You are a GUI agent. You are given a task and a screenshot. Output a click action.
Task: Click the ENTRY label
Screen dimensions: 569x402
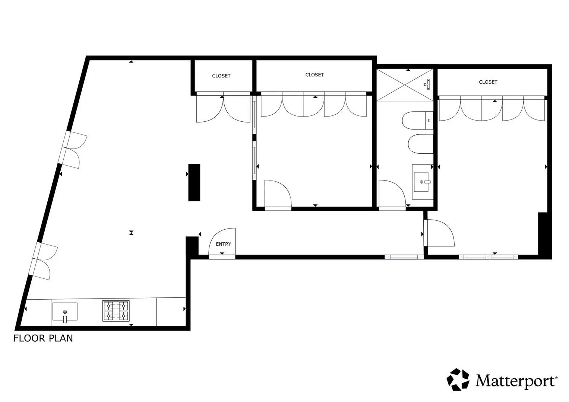[x=223, y=244]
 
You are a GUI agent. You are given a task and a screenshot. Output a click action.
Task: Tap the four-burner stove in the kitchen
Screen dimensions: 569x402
[x=116, y=311]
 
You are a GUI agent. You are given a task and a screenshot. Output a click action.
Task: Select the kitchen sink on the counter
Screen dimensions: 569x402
[x=65, y=312]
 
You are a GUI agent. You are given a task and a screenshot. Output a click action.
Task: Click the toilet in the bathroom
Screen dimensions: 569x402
[x=418, y=121]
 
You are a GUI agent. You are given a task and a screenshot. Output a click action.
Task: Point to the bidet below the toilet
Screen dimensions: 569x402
[x=421, y=144]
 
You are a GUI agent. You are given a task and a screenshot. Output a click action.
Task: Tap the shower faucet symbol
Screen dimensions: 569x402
[x=427, y=84]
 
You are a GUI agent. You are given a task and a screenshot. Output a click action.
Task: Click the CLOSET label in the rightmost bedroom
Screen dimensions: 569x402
[x=488, y=82]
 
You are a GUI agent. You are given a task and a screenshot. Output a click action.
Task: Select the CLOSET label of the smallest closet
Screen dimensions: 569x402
[x=221, y=76]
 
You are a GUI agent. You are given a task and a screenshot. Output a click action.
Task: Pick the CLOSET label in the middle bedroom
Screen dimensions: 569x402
[x=314, y=75]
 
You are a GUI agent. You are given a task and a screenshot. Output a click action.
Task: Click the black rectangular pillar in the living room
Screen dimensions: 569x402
[x=194, y=182]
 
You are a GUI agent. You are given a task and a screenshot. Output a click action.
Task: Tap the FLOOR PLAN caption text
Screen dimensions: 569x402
[x=43, y=338]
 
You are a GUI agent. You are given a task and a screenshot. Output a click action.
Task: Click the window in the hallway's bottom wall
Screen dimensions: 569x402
[x=404, y=257]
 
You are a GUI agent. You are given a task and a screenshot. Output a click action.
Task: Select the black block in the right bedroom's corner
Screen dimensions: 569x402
[x=545, y=236]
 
